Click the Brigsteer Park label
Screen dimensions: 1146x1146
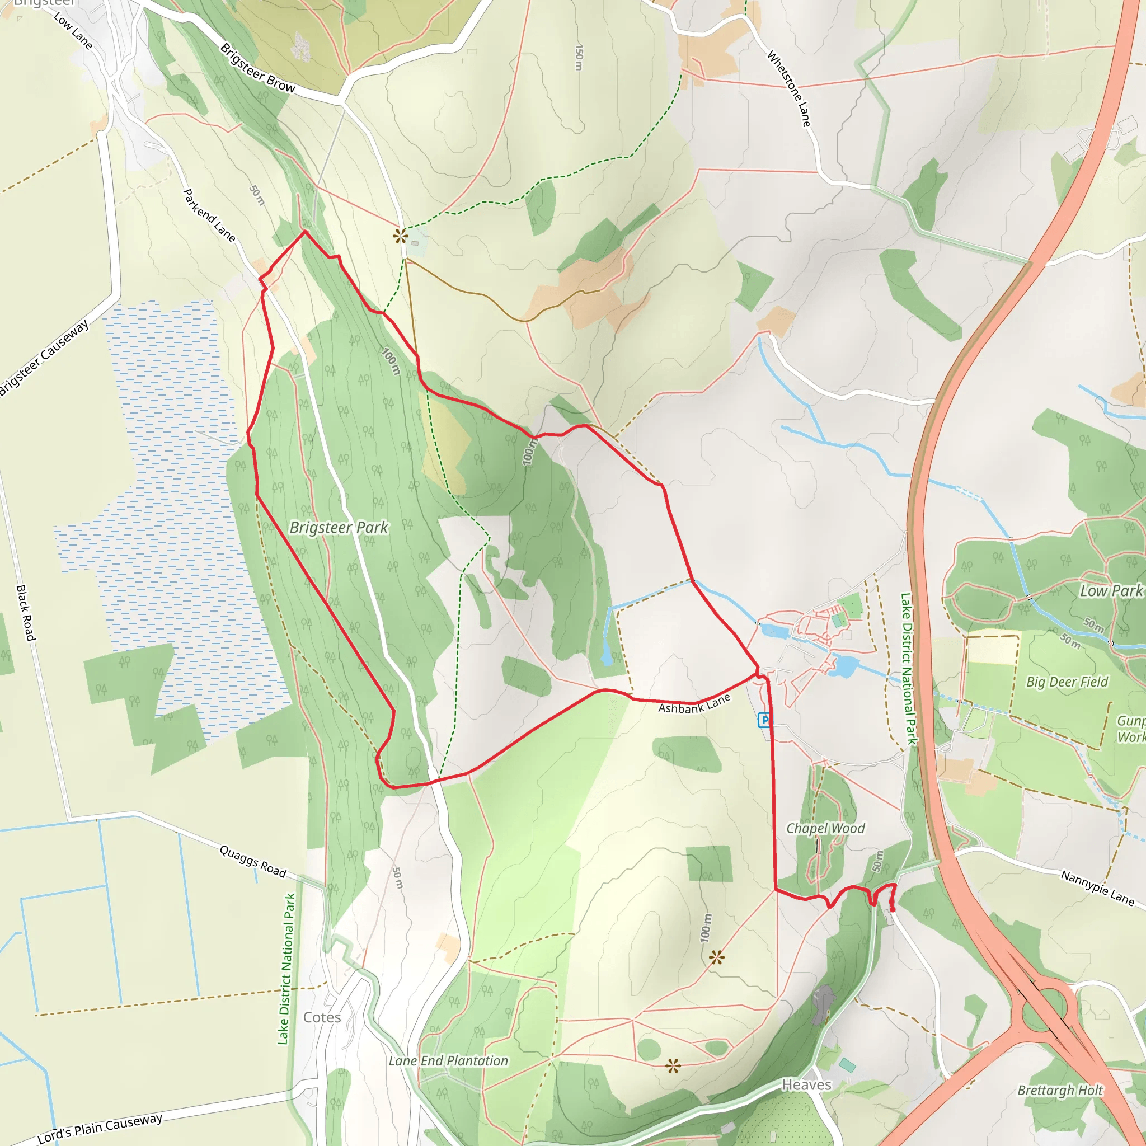click(x=339, y=527)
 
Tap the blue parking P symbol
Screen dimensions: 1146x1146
click(x=764, y=720)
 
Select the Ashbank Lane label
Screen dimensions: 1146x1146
click(x=694, y=704)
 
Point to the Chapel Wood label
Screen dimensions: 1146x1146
click(x=825, y=828)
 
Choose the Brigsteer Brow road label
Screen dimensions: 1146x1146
click(x=257, y=68)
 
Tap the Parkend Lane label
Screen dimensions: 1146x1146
click(x=209, y=215)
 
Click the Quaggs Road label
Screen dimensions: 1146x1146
click(x=253, y=861)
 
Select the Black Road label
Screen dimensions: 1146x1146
click(x=26, y=613)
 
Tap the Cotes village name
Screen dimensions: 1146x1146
click(x=322, y=1017)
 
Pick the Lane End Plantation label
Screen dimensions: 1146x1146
click(x=448, y=1060)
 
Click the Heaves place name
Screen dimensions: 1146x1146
click(x=807, y=1085)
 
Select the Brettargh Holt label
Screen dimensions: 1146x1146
click(x=1060, y=1090)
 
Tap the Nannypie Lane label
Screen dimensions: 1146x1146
click(x=1097, y=888)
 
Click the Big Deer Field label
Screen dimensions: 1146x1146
click(x=1067, y=682)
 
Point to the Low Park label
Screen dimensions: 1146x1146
click(x=1110, y=591)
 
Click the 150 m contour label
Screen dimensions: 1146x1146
click(x=579, y=58)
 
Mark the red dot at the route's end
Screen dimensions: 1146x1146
click(x=892, y=909)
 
